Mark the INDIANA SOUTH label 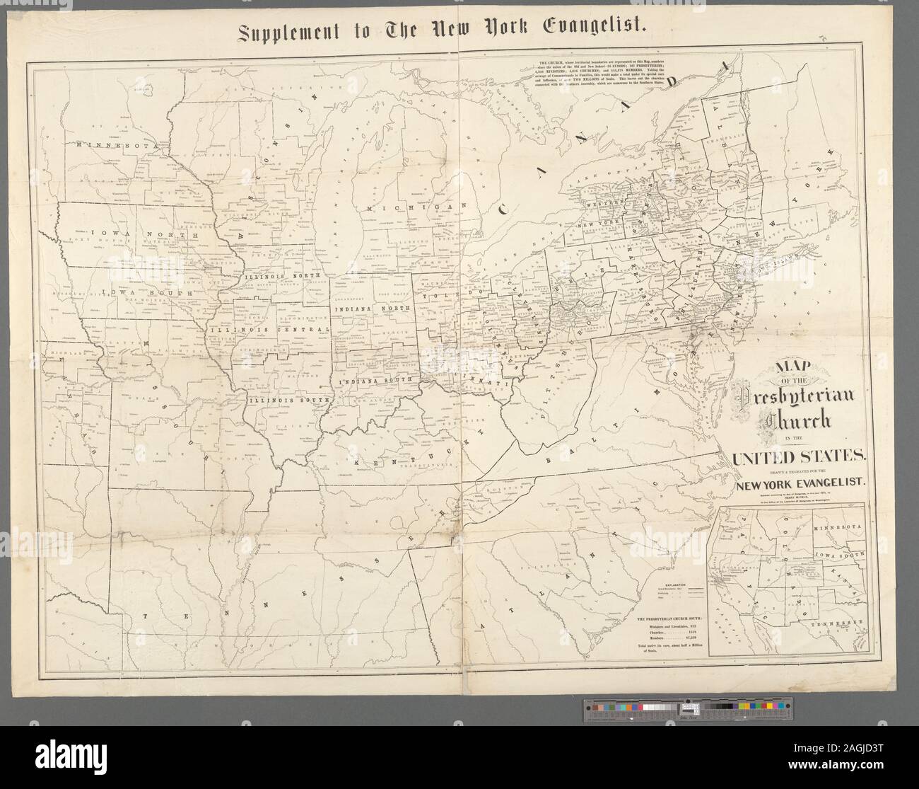(374, 381)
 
